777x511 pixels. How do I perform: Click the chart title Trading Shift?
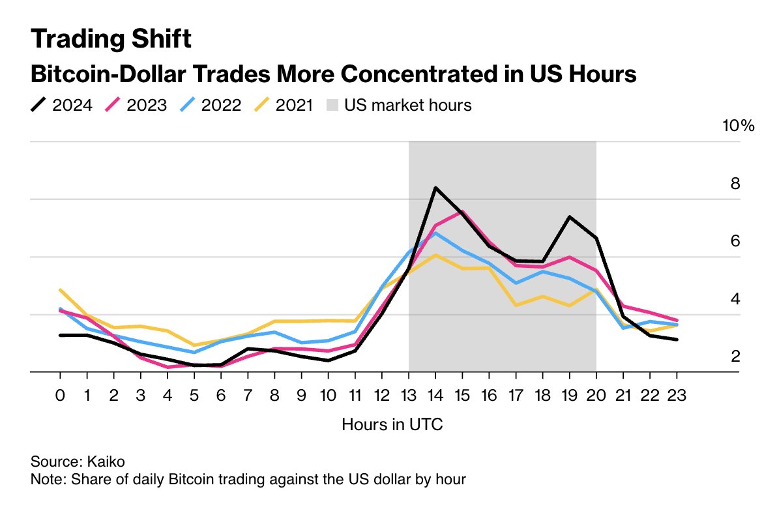click(x=111, y=40)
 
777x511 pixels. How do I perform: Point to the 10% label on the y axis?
click(x=738, y=126)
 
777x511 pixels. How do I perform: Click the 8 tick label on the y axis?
click(x=735, y=184)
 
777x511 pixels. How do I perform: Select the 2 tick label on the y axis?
click(x=735, y=357)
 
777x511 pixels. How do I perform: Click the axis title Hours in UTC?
click(x=392, y=425)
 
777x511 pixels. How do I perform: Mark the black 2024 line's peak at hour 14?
click(x=435, y=188)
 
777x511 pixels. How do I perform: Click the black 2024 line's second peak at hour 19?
click(x=570, y=216)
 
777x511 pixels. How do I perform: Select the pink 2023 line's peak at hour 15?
click(x=462, y=212)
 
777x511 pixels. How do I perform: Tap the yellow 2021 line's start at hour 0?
click(x=60, y=289)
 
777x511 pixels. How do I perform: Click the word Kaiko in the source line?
click(x=105, y=461)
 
